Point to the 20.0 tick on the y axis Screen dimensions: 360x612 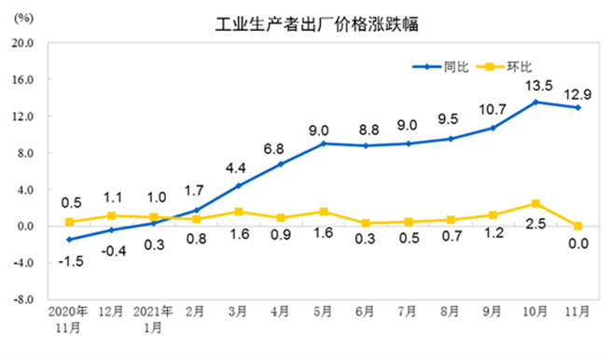point(22,43)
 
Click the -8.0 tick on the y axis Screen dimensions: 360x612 point(22,300)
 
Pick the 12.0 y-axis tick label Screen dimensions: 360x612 point(22,117)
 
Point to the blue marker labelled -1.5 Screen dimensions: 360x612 point(69,240)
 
